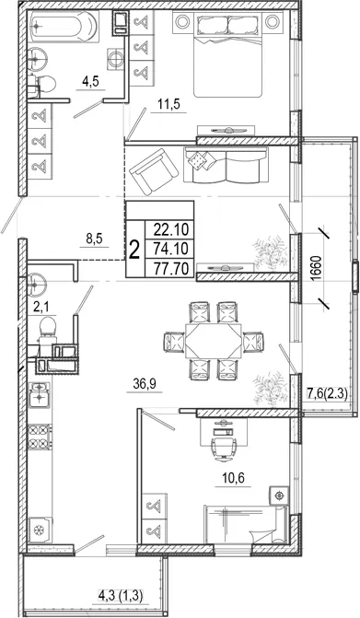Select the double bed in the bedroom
pyautogui.click(x=227, y=54)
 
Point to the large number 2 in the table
pyautogui.click(x=134, y=250)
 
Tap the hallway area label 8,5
pyautogui.click(x=94, y=239)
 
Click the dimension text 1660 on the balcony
pyautogui.click(x=319, y=268)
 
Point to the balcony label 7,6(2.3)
pyautogui.click(x=327, y=393)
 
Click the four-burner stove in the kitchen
pyautogui.click(x=40, y=436)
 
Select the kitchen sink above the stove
pyautogui.click(x=40, y=394)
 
